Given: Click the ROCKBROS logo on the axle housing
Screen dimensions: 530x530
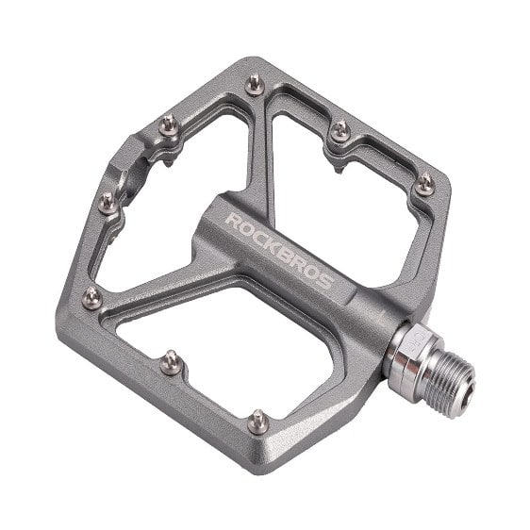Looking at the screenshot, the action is point(279,251).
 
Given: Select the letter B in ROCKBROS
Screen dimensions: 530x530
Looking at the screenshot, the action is point(285,255).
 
